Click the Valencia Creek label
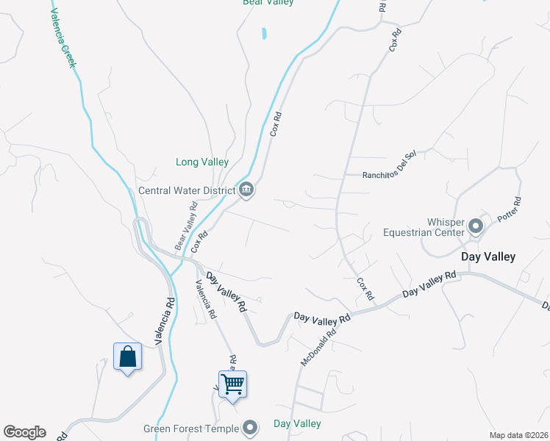[64, 37]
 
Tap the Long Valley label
[202, 162]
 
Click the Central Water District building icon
[246, 190]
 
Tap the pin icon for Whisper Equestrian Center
[475, 226]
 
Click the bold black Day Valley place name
[488, 257]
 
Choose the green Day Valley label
[297, 423]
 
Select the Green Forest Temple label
[191, 429]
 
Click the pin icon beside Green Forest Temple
[251, 427]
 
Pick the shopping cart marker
[232, 384]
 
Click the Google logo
[24, 432]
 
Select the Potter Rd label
[509, 210]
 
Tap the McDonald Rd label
[318, 347]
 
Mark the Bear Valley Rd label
[186, 226]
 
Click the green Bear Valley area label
[268, 2]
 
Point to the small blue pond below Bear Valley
[263, 33]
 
